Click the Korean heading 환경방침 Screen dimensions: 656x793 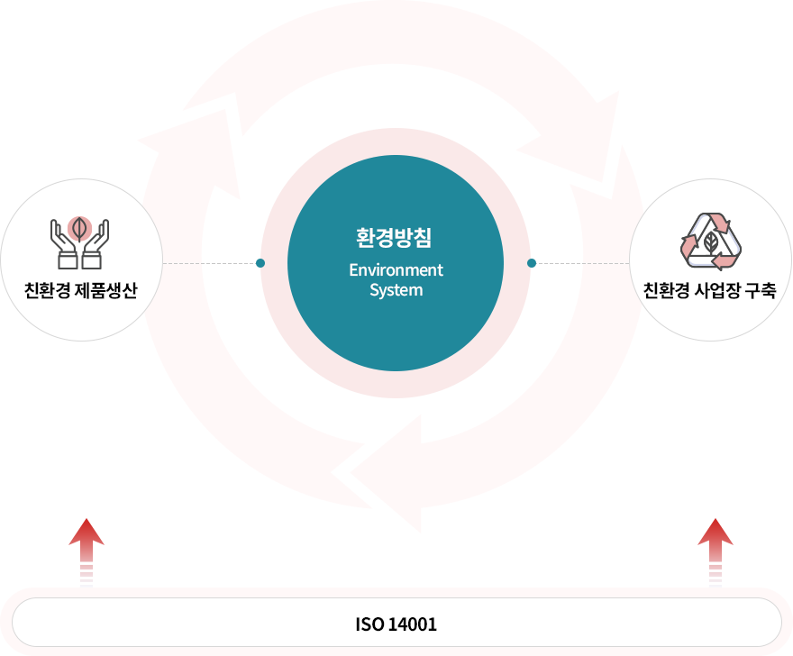point(396,238)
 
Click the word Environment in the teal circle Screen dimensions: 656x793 point(396,270)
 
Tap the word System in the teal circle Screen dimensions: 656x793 point(396,290)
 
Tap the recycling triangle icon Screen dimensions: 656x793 point(710,241)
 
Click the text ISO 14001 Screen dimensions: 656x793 point(396,624)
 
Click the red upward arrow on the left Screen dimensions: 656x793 point(87,550)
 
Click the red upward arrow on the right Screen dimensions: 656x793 point(714,550)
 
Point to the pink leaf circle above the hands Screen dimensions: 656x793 point(80,226)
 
